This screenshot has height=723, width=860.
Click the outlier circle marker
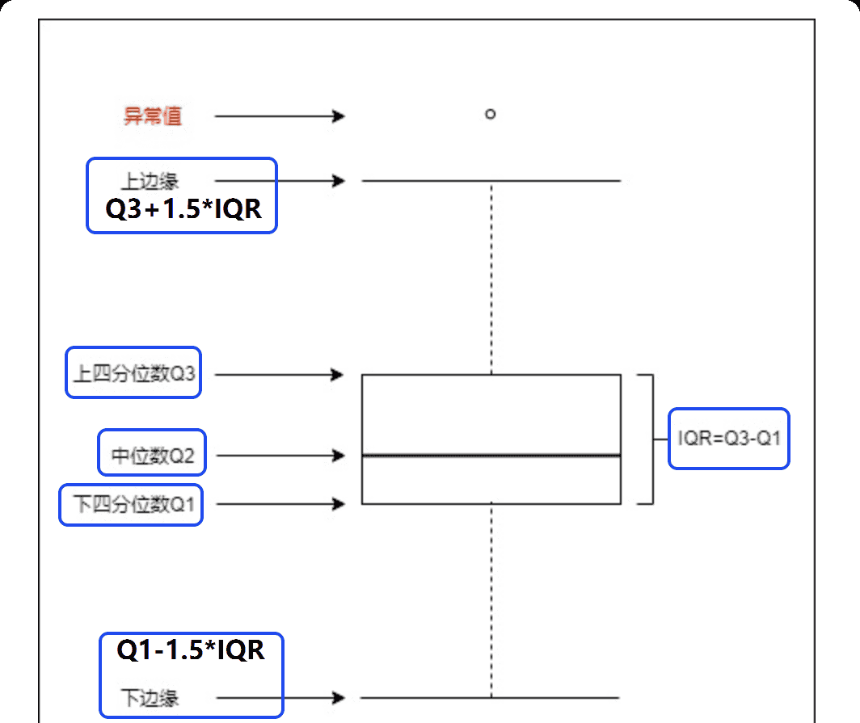[x=490, y=114]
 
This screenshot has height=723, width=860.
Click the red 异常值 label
[x=152, y=116]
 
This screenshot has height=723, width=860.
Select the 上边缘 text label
[x=150, y=181]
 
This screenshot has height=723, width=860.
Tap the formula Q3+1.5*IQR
[x=183, y=209]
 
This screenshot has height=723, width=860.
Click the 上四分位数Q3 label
[x=133, y=375]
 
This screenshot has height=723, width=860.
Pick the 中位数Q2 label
[x=153, y=456]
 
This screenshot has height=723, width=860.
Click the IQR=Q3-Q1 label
[x=728, y=439]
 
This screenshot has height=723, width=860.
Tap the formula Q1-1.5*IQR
[x=191, y=649]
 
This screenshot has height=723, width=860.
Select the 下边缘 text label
[x=150, y=697]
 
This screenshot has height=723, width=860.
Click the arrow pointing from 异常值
[x=280, y=116]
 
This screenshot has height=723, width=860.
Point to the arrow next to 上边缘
[x=280, y=181]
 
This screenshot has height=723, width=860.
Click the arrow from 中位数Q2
[x=280, y=456]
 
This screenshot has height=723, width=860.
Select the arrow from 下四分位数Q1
[x=280, y=504]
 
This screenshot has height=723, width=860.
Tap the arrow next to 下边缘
[x=280, y=697]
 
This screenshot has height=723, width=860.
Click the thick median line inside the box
[x=491, y=456]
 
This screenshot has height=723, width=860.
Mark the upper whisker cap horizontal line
[x=491, y=181]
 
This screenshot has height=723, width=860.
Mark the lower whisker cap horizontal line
[x=491, y=697]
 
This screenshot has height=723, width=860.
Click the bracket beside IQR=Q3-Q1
[x=651, y=439]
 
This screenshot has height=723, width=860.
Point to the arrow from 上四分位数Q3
[x=280, y=375]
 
